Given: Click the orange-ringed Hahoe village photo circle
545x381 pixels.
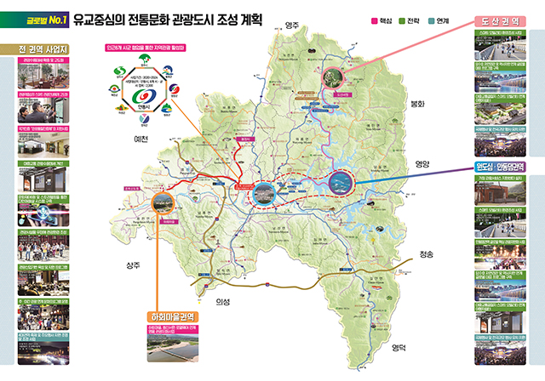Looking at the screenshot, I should pyautogui.click(x=163, y=204).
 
